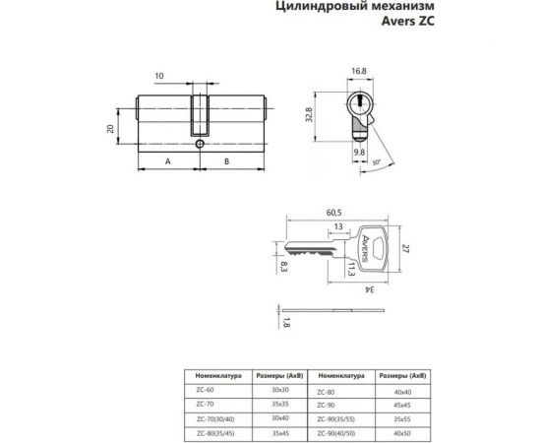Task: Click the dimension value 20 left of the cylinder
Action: (111, 127)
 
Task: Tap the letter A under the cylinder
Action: (168, 160)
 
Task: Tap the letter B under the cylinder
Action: (227, 160)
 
